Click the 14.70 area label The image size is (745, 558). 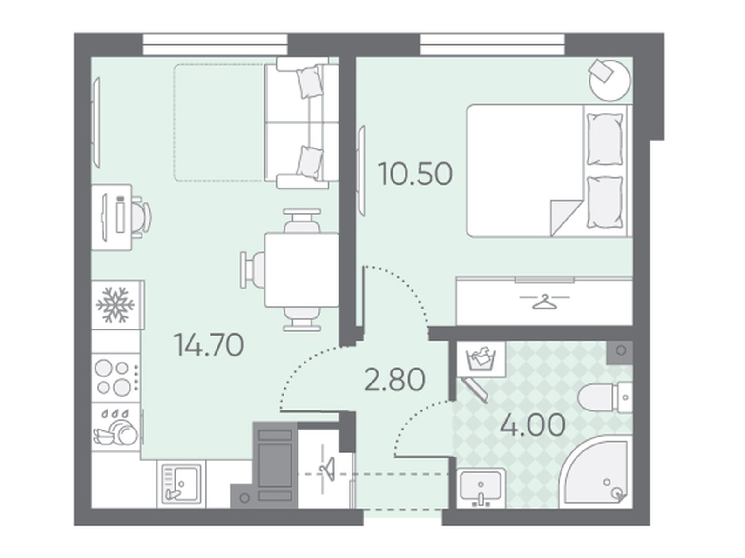(209, 345)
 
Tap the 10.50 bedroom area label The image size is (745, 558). (415, 174)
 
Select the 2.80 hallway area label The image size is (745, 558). (394, 380)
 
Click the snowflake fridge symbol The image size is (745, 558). (116, 304)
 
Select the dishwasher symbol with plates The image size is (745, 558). (116, 427)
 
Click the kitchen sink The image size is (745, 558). (181, 484)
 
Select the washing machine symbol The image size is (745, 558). (481, 360)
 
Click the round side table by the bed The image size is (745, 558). (610, 80)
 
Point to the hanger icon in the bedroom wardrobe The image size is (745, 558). (545, 302)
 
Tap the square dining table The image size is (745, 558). (302, 269)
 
